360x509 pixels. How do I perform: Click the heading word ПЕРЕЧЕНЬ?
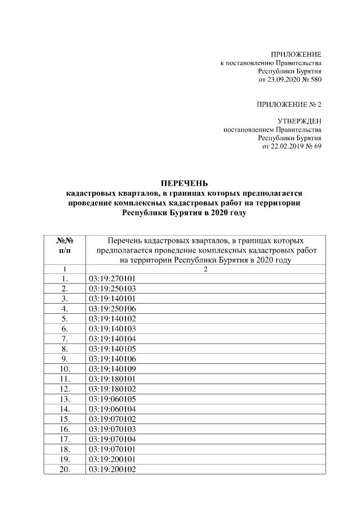point(184,183)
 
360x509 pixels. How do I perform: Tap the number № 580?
point(312,81)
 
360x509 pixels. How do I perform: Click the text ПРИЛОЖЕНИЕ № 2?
point(289,105)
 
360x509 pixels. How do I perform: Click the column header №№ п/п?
point(65,245)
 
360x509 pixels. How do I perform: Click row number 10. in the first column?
point(65,369)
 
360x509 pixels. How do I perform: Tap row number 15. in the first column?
point(65,420)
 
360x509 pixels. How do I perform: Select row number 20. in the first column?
point(65,470)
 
